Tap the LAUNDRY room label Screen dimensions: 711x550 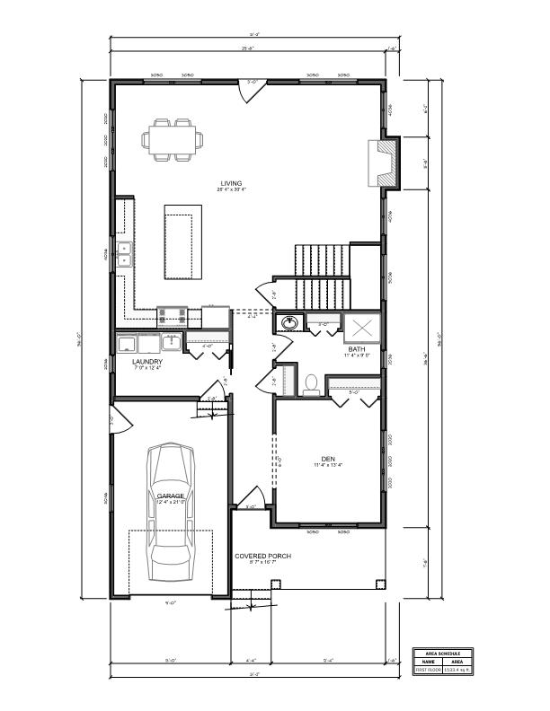coord(146,363)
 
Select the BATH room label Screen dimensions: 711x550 coord(357,349)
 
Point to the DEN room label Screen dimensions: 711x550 coord(328,457)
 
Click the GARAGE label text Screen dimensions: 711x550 coord(171,496)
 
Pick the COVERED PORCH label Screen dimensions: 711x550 coord(263,556)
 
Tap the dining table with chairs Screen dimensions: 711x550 coord(172,140)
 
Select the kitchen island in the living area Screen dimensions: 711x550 coord(182,241)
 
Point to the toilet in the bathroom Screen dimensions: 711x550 coord(311,383)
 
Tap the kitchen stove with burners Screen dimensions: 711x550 coord(172,315)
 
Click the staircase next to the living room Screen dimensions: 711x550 coord(322,274)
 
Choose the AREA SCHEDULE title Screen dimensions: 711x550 coord(442,653)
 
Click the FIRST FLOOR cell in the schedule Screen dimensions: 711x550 coord(427,669)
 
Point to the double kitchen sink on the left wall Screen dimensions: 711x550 coord(123,255)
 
